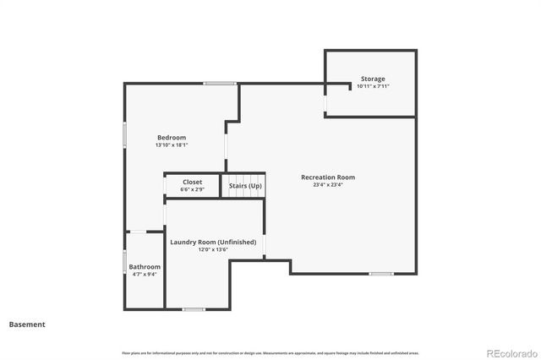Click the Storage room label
pyautogui.click(x=373, y=78)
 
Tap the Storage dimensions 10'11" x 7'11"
pyautogui.click(x=373, y=86)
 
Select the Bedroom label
pyautogui.click(x=172, y=137)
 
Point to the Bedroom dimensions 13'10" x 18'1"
pyautogui.click(x=172, y=145)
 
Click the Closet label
pyautogui.click(x=193, y=182)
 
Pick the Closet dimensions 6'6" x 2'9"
pyautogui.click(x=193, y=189)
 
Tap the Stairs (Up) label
pyautogui.click(x=245, y=185)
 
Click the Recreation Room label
pyautogui.click(x=328, y=177)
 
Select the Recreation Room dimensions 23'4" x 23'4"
pyautogui.click(x=328, y=185)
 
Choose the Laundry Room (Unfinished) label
pyautogui.click(x=213, y=243)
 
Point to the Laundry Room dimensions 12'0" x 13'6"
pyautogui.click(x=213, y=250)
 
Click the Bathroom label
pyautogui.click(x=145, y=266)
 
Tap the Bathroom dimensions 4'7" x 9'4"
pyautogui.click(x=145, y=274)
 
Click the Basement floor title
pyautogui.click(x=27, y=325)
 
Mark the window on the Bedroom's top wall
pyautogui.click(x=220, y=83)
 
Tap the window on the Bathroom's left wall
pyautogui.click(x=125, y=263)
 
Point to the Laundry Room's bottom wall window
pyautogui.click(x=194, y=309)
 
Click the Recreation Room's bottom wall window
pyautogui.click(x=381, y=273)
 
